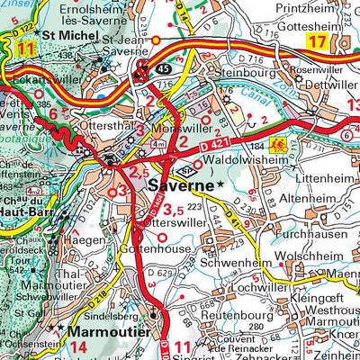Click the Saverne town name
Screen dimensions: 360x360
180,187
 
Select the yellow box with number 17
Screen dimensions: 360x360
317,41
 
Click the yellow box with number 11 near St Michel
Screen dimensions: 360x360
24,49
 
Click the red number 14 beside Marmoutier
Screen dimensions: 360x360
78,346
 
